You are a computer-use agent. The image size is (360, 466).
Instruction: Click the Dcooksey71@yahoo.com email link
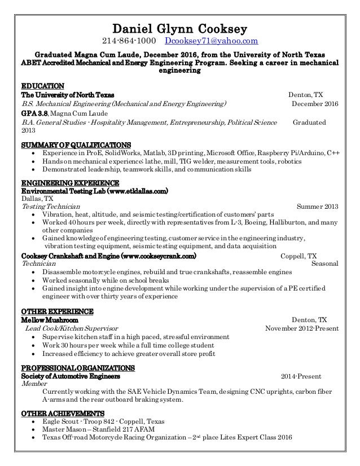(212, 42)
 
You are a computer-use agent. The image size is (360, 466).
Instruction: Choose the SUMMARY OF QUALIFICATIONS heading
(76, 144)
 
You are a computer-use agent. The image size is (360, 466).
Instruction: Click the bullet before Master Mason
(36, 429)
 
